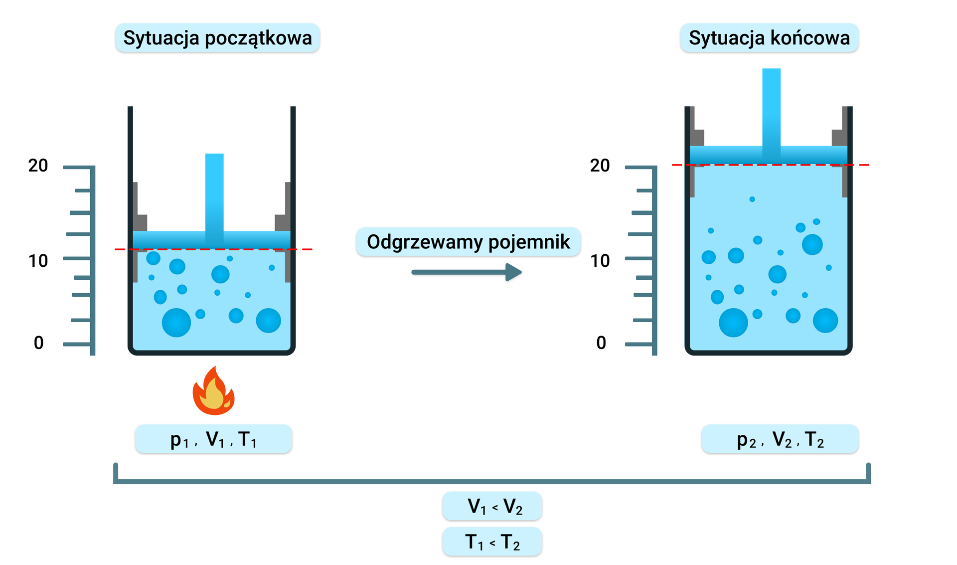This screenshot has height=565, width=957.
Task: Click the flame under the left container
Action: [x=213, y=392]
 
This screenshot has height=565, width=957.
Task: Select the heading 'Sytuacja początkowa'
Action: [x=217, y=38]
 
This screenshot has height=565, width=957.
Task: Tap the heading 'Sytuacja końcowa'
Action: [x=769, y=38]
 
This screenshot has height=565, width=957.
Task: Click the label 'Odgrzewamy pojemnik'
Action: [x=468, y=242]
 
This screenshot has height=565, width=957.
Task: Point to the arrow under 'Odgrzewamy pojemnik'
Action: [x=467, y=272]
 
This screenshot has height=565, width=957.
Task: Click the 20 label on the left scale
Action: [x=38, y=166]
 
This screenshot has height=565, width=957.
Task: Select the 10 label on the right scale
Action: [x=600, y=261]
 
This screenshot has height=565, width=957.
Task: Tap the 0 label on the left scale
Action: [x=38, y=343]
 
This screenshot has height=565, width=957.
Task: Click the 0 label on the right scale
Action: [x=601, y=343]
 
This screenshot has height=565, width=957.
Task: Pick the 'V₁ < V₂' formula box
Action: [x=492, y=506]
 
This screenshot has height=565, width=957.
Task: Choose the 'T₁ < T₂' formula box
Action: [x=492, y=542]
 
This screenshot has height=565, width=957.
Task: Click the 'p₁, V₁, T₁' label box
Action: [x=213, y=439]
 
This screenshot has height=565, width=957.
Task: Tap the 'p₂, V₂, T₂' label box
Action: [x=780, y=439]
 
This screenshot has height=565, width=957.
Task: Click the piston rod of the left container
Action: [x=214, y=192]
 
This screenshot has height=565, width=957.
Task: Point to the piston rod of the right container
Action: [x=771, y=107]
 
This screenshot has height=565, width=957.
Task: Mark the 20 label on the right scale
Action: [x=600, y=166]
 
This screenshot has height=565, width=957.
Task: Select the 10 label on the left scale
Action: [x=38, y=261]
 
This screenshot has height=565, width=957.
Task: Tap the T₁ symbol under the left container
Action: [x=248, y=440]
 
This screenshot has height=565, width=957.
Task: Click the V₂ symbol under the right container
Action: [x=782, y=440]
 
